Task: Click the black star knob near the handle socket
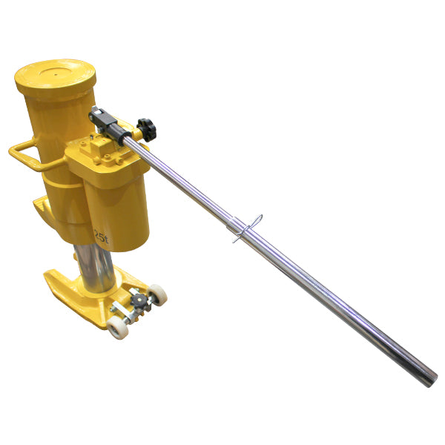point(148,129)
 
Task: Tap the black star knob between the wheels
point(138,300)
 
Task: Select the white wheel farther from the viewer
point(157,294)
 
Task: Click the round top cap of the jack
point(56,75)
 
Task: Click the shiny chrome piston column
point(97,271)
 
